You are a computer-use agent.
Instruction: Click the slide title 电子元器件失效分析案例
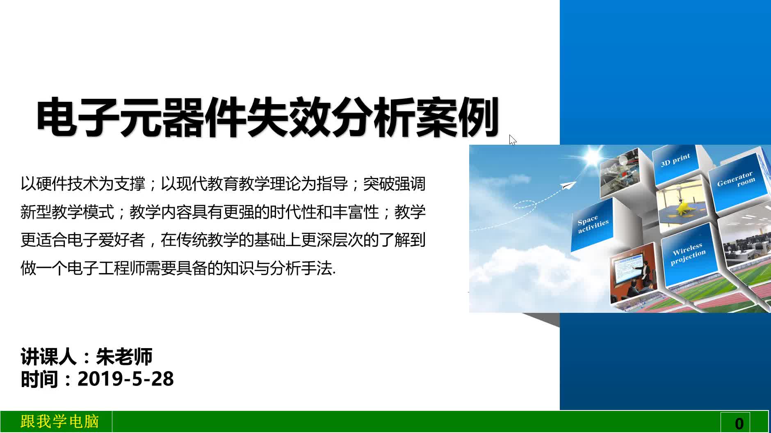(x=268, y=117)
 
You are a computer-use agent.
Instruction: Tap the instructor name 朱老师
(x=124, y=357)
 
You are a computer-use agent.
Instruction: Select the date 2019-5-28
(x=126, y=379)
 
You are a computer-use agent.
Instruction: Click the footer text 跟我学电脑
(x=60, y=422)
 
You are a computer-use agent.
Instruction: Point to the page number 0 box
(x=739, y=422)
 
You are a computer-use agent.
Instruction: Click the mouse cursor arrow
(x=512, y=140)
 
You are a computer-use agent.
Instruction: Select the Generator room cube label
(x=736, y=180)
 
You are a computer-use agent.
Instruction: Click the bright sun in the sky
(x=593, y=157)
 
